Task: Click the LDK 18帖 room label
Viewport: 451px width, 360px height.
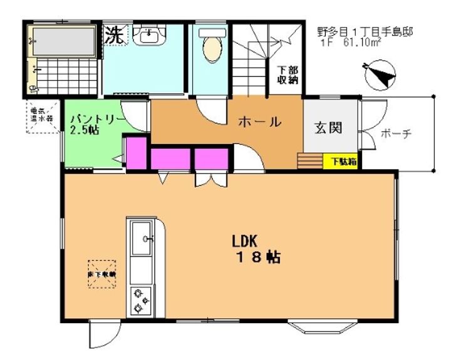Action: click(257, 249)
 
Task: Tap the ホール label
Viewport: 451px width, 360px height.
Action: click(258, 122)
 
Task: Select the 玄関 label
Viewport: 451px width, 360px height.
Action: click(328, 128)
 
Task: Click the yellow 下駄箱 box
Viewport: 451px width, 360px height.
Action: click(344, 161)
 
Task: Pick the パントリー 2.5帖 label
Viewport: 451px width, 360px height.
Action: click(92, 123)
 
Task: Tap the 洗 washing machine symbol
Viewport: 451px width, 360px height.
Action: click(114, 34)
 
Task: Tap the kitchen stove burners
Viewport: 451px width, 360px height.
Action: click(141, 301)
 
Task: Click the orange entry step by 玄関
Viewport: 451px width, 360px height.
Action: click(309, 160)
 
